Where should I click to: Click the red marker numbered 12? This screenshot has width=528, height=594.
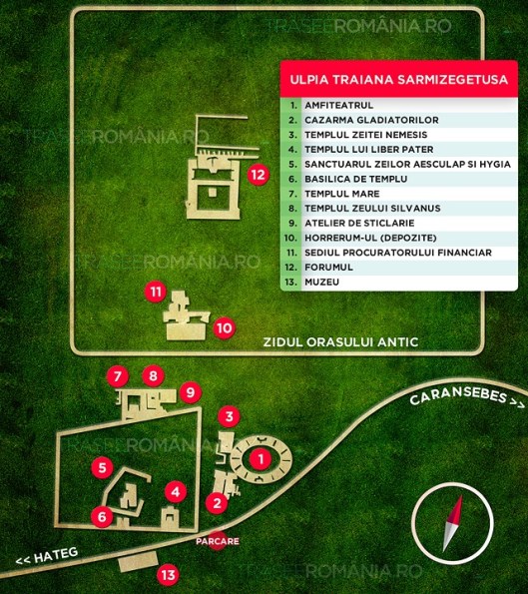(259, 174)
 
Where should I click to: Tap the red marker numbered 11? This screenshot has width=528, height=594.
(155, 293)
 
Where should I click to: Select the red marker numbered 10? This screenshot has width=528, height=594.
(225, 326)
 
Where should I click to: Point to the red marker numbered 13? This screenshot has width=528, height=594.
(168, 574)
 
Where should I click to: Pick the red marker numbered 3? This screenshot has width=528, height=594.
(229, 416)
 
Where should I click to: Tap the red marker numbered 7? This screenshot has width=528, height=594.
(120, 376)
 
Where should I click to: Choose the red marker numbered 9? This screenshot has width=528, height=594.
(153, 376)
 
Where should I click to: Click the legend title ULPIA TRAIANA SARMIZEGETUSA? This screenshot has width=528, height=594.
(397, 78)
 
